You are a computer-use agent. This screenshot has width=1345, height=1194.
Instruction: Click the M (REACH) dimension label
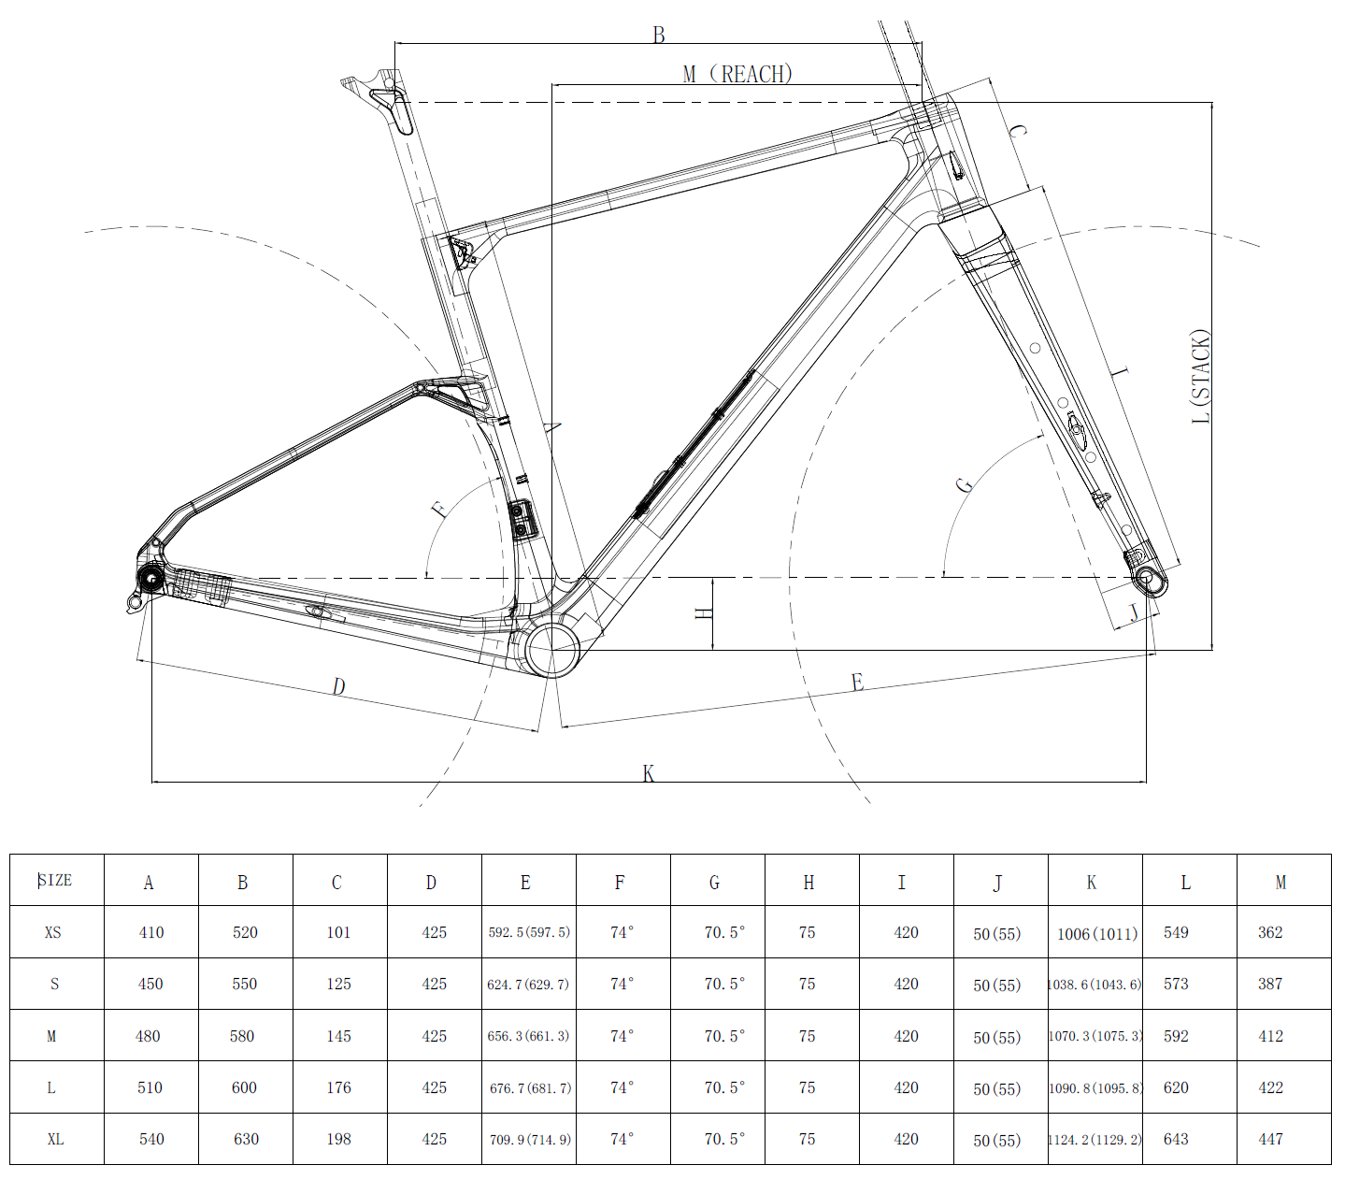(737, 74)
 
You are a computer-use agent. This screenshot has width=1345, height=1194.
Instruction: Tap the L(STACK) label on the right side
(1201, 377)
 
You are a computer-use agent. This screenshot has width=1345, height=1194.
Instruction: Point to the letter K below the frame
(649, 773)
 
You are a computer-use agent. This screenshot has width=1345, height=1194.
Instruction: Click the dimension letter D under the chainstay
(338, 687)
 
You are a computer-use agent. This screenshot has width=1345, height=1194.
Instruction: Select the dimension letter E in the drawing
(857, 683)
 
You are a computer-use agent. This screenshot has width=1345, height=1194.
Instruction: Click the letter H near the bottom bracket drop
(705, 613)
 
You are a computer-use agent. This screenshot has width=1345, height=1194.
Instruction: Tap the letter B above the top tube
(659, 35)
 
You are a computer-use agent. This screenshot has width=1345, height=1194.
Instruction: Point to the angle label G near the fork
(964, 484)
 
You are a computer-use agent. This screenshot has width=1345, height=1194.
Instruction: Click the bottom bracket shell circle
(552, 648)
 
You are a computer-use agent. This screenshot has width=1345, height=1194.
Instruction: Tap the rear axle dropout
(150, 580)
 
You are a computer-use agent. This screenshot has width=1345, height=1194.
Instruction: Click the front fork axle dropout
(1148, 579)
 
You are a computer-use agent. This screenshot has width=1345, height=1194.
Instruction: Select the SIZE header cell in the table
(56, 880)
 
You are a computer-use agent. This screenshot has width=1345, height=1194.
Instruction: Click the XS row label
(53, 932)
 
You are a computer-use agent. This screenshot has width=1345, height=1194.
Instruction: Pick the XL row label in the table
(55, 1139)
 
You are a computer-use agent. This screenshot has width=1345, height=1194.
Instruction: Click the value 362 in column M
(1270, 932)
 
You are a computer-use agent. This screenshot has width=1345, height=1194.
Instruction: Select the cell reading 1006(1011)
(1096, 933)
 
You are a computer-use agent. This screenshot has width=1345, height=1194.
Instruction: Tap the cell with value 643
(1176, 1139)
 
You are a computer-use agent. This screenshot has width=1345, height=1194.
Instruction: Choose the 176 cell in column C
(339, 1087)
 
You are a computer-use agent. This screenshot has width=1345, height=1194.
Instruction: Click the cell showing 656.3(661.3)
(528, 1036)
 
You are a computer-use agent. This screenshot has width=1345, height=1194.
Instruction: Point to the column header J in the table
(998, 883)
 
